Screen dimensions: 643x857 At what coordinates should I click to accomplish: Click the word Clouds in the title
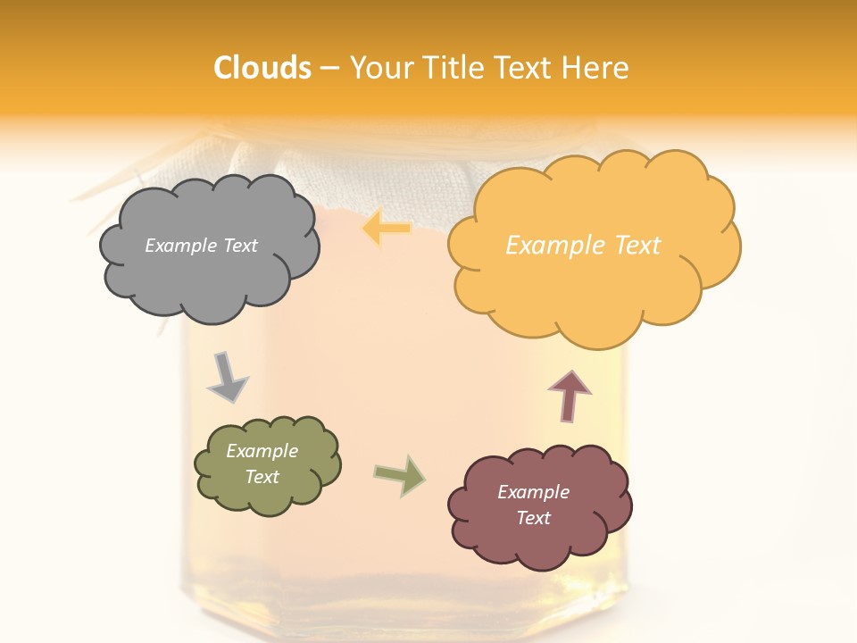[x=262, y=68]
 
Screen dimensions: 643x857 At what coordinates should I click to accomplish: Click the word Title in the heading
[x=452, y=68]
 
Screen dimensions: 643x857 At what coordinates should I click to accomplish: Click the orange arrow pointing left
[x=386, y=229]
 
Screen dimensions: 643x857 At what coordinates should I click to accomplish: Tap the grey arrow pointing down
[x=227, y=378]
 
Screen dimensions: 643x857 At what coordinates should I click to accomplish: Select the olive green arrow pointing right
[x=399, y=475]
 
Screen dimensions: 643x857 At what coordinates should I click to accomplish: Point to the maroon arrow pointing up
[x=570, y=396]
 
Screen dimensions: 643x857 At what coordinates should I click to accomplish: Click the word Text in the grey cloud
[x=240, y=246]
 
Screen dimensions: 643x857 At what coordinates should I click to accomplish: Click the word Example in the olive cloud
[x=262, y=451]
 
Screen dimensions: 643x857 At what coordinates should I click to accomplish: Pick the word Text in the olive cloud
[x=262, y=477]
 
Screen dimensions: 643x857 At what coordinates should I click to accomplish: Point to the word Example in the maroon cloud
[x=533, y=492]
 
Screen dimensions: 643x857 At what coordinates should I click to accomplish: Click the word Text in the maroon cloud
[x=533, y=518]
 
